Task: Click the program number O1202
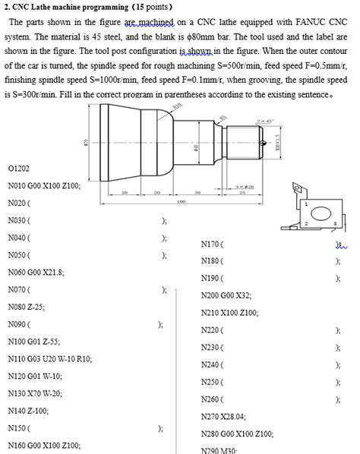click(x=18, y=167)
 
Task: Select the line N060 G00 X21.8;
click(x=36, y=272)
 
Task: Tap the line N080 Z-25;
click(x=26, y=307)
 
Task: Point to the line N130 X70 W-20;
click(x=35, y=393)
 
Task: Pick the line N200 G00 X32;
click(x=226, y=295)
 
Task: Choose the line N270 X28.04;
click(x=224, y=416)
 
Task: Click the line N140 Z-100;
click(x=29, y=411)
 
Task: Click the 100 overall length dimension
click(x=182, y=202)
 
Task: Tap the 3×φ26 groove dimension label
click(x=245, y=186)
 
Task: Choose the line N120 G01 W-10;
click(x=35, y=376)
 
